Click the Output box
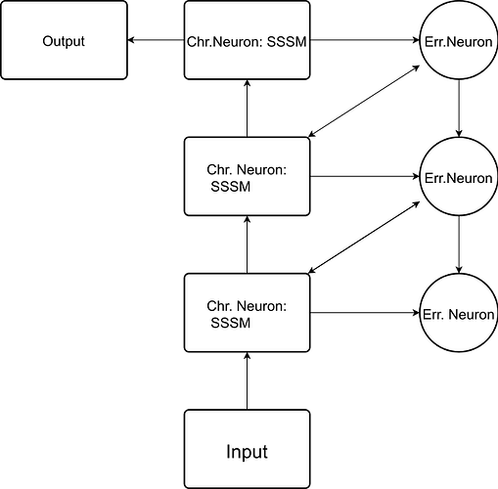click(64, 40)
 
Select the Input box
click(247, 449)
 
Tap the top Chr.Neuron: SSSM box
click(247, 40)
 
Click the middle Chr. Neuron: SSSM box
click(247, 176)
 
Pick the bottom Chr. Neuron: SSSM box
click(247, 313)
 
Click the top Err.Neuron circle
click(459, 40)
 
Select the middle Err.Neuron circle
click(459, 176)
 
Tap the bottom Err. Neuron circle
click(459, 313)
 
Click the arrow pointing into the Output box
click(156, 40)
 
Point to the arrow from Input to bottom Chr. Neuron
click(247, 380)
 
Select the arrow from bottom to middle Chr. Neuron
click(247, 244)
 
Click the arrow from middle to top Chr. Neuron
click(247, 109)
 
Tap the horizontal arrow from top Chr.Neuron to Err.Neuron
click(365, 40)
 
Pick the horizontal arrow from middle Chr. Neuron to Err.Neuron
click(365, 176)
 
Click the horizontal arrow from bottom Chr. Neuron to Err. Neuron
click(365, 313)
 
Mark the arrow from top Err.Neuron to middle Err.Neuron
click(459, 109)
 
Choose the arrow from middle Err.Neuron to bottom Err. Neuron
click(459, 244)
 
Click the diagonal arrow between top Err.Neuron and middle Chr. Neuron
click(364, 101)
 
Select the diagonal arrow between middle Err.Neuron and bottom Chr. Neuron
click(364, 238)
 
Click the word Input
click(247, 452)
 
